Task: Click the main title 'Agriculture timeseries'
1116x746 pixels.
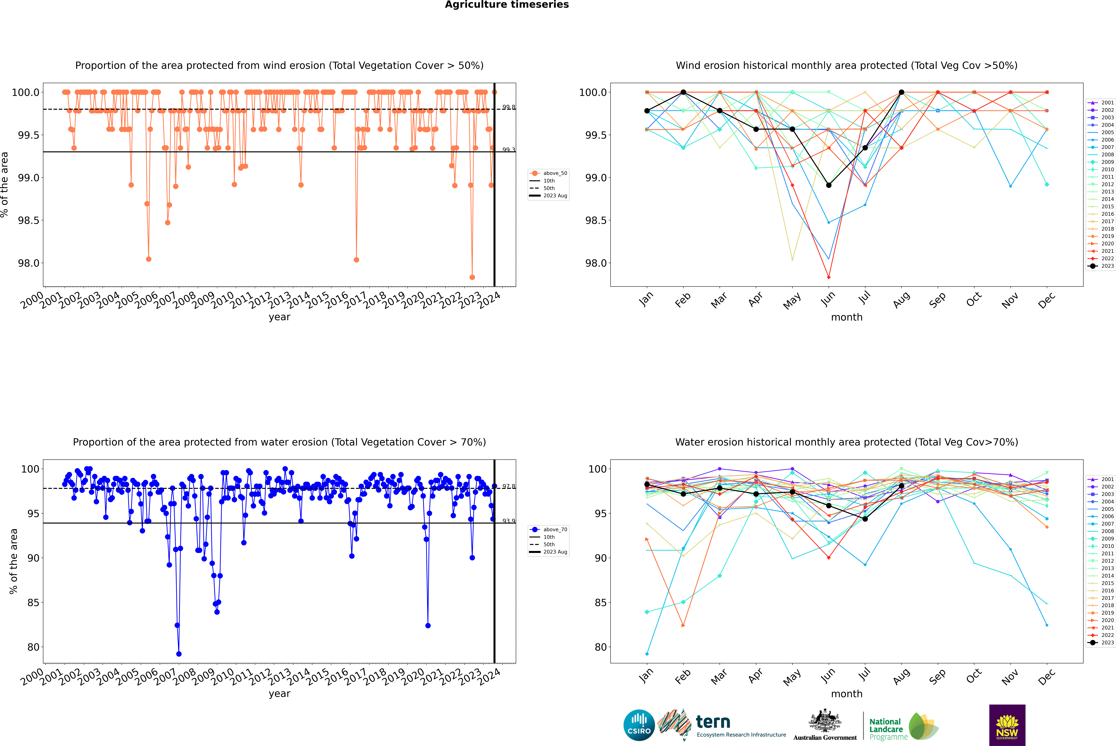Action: click(x=507, y=5)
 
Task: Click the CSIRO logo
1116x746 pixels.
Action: click(x=639, y=725)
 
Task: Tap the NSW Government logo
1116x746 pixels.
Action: click(x=1007, y=725)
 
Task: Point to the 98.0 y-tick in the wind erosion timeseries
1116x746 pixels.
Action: click(x=29, y=263)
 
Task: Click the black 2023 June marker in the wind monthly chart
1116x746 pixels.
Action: click(x=829, y=185)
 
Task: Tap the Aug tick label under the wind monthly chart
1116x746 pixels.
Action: click(x=901, y=300)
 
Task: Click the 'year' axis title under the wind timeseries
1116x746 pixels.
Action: click(x=279, y=317)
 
